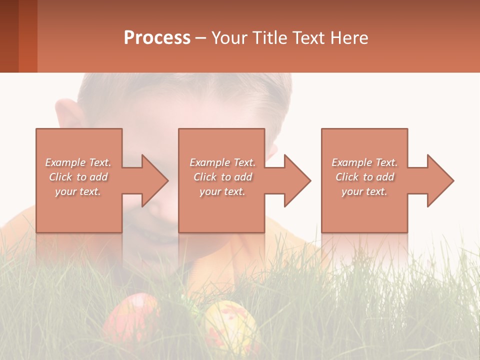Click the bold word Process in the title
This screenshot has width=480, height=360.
coord(157,38)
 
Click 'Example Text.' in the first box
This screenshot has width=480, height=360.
coord(78,162)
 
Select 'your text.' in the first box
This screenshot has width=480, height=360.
coord(78,191)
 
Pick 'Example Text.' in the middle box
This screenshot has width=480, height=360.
coord(222,162)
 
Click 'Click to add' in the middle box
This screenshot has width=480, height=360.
coord(222,177)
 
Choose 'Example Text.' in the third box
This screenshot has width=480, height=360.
coord(364,162)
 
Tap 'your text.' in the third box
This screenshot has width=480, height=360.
coord(364,191)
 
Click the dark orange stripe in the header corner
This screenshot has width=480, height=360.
coord(28,36)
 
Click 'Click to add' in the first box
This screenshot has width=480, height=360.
coord(78,177)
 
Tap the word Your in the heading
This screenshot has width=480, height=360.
coord(228,38)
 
